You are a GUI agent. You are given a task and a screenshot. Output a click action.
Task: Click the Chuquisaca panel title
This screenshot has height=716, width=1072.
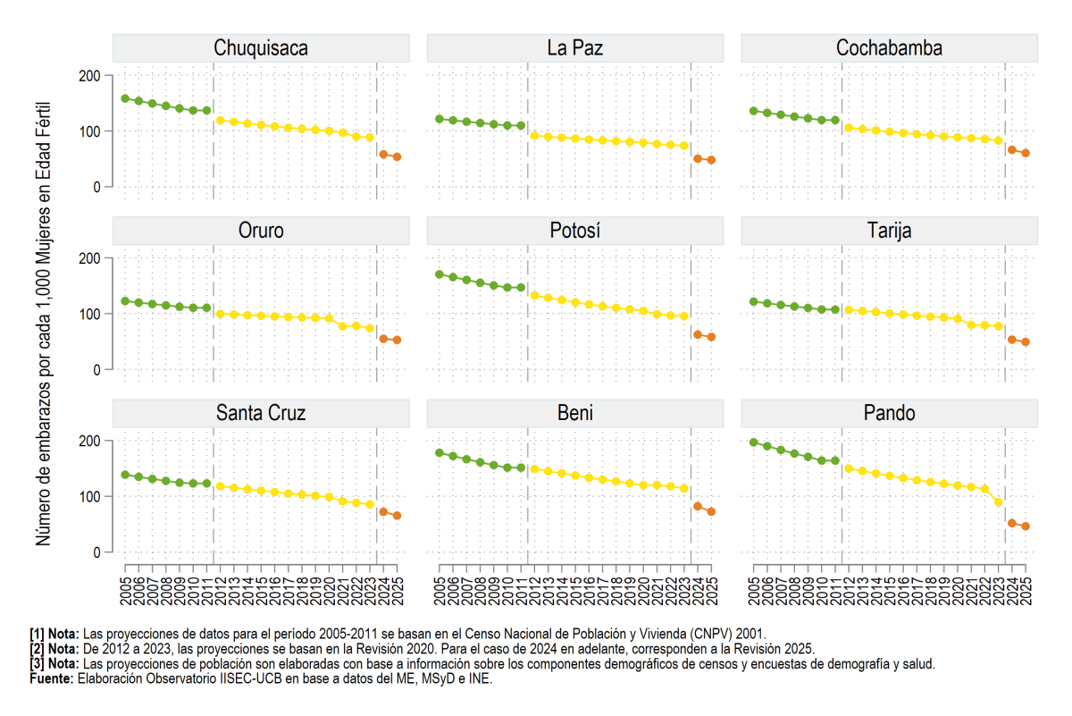click(x=261, y=48)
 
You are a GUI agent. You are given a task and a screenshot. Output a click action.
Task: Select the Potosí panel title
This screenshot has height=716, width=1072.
click(x=574, y=231)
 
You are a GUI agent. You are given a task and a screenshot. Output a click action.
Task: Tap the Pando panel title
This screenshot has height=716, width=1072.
click(x=889, y=413)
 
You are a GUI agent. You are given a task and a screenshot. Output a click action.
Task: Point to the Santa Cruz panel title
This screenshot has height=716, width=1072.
click(x=261, y=413)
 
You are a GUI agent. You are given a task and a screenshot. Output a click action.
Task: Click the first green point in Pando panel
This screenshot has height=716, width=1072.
click(x=754, y=442)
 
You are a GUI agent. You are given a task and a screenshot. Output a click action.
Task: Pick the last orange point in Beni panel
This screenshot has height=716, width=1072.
click(x=711, y=511)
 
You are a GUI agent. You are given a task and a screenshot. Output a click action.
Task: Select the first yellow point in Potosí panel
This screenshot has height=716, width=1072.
click(x=534, y=296)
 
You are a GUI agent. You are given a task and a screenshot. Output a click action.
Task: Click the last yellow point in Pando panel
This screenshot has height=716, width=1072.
click(x=999, y=502)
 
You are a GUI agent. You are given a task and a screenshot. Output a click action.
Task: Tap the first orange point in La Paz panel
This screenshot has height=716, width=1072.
click(x=698, y=158)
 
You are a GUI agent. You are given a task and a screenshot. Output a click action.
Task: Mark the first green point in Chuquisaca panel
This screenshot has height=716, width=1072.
click(x=125, y=98)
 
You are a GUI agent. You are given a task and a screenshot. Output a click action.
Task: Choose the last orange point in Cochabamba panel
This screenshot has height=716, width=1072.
click(x=1026, y=153)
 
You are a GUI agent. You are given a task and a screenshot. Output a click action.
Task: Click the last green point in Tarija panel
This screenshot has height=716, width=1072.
click(x=835, y=309)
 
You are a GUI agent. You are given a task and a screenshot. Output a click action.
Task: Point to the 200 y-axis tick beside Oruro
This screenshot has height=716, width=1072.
click(x=89, y=258)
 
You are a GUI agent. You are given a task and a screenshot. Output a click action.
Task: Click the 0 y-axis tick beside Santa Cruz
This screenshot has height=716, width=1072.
click(x=96, y=552)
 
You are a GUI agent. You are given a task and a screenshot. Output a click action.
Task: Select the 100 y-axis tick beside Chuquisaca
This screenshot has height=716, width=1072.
click(x=89, y=131)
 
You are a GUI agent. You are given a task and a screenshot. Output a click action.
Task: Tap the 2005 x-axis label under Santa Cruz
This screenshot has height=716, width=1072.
click(x=126, y=591)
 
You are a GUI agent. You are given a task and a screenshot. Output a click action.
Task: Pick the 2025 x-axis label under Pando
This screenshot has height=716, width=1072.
click(x=1026, y=591)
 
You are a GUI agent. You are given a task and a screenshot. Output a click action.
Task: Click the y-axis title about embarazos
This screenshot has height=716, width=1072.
click(x=43, y=324)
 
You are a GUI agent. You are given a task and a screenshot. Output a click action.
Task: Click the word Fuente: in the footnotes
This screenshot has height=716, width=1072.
click(x=52, y=678)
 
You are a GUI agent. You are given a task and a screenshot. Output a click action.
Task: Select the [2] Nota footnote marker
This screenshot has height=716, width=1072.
click(x=54, y=649)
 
